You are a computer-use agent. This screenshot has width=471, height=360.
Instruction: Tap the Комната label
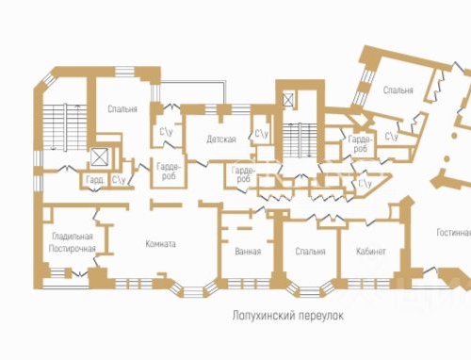click(161, 244)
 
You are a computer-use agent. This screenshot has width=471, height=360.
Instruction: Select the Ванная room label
click(248, 252)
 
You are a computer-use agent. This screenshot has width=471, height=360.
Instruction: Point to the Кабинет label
click(370, 252)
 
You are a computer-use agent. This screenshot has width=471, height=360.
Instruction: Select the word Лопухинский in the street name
click(259, 317)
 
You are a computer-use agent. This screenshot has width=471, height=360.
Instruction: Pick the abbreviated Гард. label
click(95, 179)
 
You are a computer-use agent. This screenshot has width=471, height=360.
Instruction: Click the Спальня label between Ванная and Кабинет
click(310, 252)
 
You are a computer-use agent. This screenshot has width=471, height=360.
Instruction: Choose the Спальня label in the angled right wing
click(398, 90)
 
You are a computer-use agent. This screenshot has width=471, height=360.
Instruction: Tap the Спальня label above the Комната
click(122, 109)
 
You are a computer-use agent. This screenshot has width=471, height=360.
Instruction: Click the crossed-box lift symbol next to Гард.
click(99, 156)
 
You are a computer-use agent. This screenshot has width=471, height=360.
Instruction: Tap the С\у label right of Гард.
click(120, 179)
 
